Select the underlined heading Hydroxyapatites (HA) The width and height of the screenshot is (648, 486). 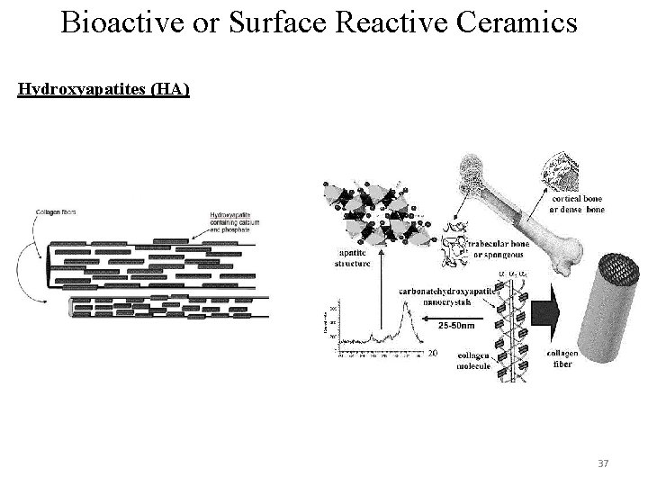[103, 90]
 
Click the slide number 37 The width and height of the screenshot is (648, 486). [603, 463]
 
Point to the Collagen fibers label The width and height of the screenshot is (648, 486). [55, 212]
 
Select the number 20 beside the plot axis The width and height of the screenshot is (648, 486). [431, 354]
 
